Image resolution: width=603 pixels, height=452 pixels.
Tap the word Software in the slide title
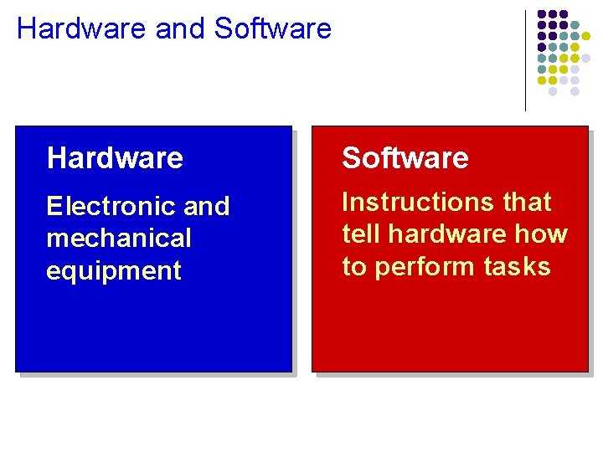click(273, 28)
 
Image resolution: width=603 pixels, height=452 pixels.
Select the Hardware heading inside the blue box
click(115, 157)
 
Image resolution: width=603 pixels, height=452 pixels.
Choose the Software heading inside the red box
click(405, 157)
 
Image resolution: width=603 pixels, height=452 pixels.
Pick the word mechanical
click(119, 239)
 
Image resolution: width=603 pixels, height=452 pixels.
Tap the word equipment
click(114, 271)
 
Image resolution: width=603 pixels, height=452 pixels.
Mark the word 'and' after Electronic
click(205, 206)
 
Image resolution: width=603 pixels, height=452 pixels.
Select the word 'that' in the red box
click(527, 203)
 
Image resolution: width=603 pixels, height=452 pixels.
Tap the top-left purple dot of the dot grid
click(542, 14)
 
